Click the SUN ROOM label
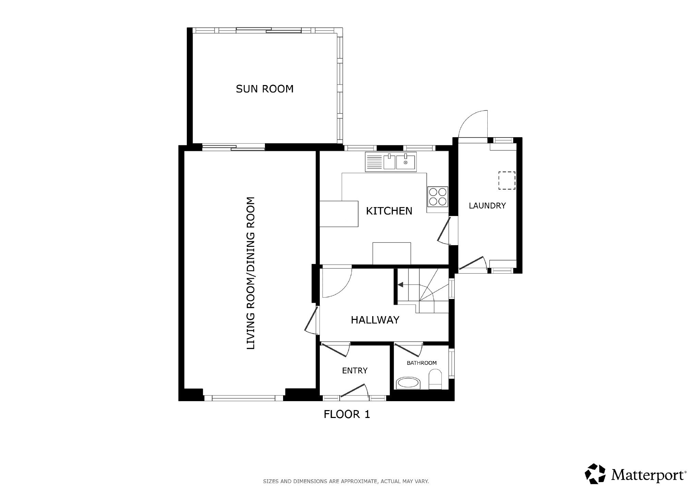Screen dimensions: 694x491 point(265,89)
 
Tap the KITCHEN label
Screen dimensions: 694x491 point(389,211)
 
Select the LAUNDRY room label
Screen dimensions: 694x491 point(487,206)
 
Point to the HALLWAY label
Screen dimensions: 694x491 point(375,320)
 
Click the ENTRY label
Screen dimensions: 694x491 point(355,371)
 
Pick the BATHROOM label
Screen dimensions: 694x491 point(422,363)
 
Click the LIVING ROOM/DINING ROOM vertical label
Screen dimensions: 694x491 point(251,273)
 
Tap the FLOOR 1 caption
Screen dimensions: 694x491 point(347,414)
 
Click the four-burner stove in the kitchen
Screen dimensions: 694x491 point(438,197)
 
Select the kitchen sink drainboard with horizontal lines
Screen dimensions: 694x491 point(374,162)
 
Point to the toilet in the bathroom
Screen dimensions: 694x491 point(436,379)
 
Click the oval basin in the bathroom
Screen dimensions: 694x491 point(408,383)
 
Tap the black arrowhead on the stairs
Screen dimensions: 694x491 point(400,285)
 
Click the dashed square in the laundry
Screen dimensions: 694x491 point(507,180)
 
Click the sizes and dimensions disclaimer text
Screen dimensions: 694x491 point(346,481)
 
